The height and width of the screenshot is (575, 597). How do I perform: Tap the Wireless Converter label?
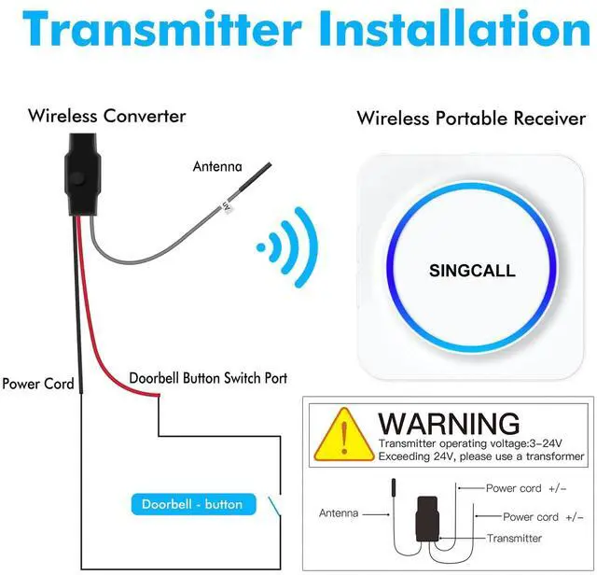106,117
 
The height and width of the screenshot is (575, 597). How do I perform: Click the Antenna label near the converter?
217,167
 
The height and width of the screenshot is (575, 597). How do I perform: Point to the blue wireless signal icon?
288,247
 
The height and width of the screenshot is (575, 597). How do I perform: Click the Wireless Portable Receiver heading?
471,119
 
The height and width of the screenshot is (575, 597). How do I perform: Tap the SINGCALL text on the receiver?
471,271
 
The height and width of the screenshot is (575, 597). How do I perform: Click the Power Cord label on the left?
38,383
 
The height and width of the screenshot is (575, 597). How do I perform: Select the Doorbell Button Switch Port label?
208,378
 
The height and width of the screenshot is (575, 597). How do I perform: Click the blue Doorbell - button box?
192,504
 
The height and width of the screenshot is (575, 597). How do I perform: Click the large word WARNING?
449,423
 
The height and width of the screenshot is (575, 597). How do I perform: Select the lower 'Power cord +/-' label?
543,516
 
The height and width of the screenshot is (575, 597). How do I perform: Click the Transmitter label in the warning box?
514,538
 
